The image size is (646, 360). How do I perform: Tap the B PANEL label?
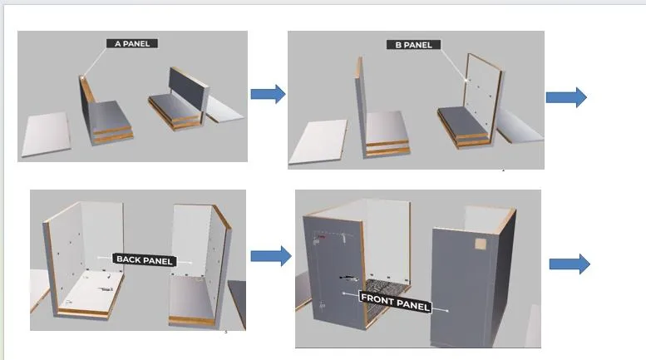tap(412, 44)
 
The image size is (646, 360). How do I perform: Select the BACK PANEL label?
tap(144, 260)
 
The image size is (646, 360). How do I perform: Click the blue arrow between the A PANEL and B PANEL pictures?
tap(268, 94)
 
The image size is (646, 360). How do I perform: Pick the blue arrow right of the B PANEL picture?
tap(566, 97)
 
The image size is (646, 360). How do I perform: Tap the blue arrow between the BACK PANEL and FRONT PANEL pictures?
tap(271, 256)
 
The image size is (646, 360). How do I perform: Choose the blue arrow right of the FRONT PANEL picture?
tap(570, 264)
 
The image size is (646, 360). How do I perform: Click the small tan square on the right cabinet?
tap(481, 245)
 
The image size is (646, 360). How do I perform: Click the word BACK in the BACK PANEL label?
tap(130, 259)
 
